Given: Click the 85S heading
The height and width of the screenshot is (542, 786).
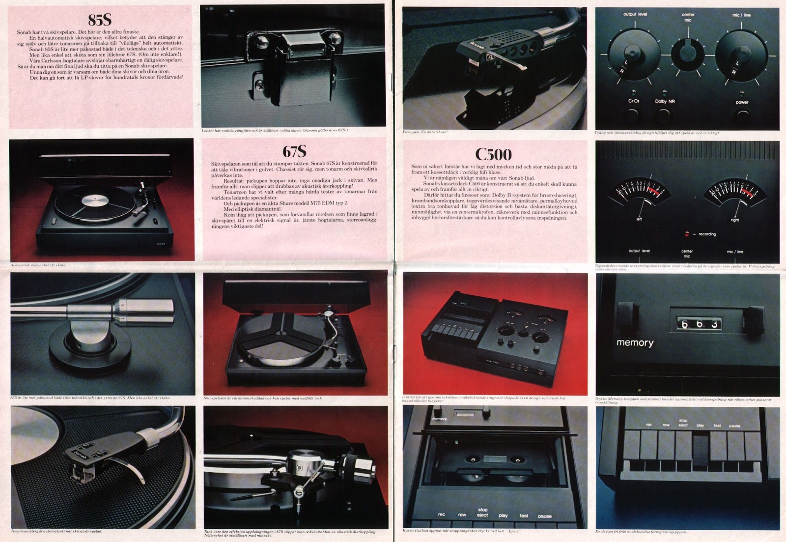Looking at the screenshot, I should point(100,19).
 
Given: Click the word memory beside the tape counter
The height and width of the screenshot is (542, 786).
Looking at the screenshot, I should point(635,342).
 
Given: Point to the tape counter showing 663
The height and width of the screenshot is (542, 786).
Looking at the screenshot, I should point(695,324).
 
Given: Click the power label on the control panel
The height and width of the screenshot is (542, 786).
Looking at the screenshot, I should point(742,102).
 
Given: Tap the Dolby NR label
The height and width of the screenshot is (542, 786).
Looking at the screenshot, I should point(665,102).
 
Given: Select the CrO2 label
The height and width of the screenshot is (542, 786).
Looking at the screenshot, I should point(633,101).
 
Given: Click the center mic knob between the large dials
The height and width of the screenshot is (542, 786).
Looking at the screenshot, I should point(687,51).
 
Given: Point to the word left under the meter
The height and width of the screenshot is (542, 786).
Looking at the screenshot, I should point(639,220).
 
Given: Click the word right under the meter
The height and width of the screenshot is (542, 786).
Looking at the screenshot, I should point(735,220).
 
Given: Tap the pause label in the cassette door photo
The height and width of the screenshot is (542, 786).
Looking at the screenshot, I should point(544,516).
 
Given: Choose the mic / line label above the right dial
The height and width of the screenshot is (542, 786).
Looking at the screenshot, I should point(741,15).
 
